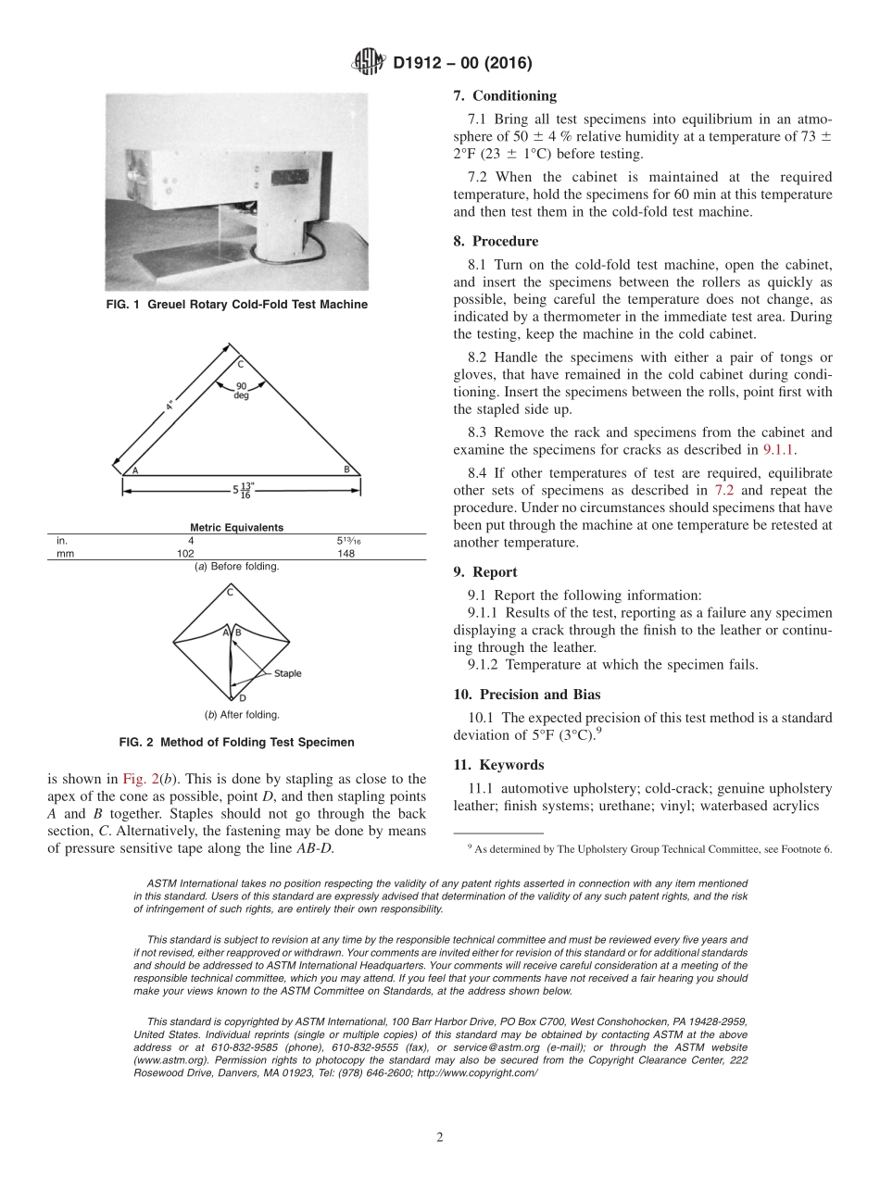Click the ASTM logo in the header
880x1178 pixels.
coord(368,63)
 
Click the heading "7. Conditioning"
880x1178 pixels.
coord(505,95)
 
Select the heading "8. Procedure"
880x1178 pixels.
coord(496,241)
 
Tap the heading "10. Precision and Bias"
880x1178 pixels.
coord(526,695)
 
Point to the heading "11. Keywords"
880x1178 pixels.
coord(498,765)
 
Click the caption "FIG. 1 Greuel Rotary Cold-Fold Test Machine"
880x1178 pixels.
coord(236,305)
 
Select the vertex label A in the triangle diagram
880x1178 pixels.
coord(135,470)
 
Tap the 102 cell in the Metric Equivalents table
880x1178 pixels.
coord(185,554)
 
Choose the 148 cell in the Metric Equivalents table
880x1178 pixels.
coord(346,554)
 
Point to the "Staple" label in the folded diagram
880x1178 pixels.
coord(287,673)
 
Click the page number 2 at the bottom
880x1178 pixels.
coord(440,1137)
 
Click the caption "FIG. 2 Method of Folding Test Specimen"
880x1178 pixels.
coord(236,742)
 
